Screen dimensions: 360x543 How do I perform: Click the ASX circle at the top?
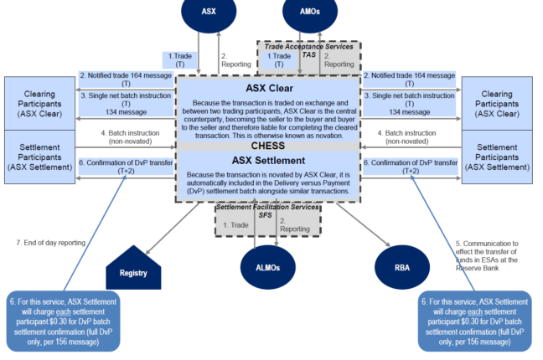pyautogui.click(x=209, y=12)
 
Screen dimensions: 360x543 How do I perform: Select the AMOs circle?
pyautogui.click(x=308, y=12)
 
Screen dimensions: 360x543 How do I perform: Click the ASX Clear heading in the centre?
pyautogui.click(x=268, y=87)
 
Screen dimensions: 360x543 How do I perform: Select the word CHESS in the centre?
pyautogui.click(x=268, y=146)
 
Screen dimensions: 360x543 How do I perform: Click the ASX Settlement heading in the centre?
pyautogui.click(x=268, y=160)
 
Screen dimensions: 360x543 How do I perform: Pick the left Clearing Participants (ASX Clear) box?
pyautogui.click(x=39, y=103)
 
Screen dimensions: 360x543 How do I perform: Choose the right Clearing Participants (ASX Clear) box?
pyautogui.click(x=500, y=103)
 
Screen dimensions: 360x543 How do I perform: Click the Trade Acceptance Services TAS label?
pyautogui.click(x=308, y=49)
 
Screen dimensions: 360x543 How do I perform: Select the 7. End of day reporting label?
pyautogui.click(x=52, y=243)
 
